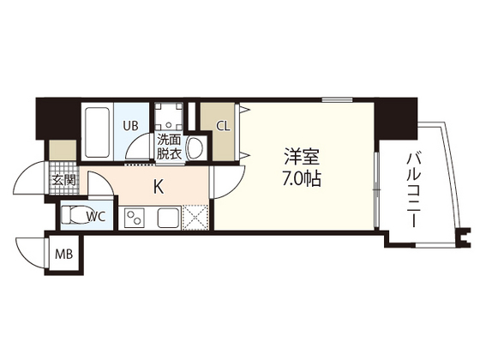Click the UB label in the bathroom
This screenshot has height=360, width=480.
(131, 126)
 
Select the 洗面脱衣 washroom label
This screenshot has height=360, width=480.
(168, 147)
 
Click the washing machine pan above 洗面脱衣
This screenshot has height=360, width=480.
(168, 117)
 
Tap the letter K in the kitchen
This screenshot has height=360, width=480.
(159, 185)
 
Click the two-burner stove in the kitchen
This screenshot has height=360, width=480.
(136, 219)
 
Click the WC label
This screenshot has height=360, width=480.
(95, 216)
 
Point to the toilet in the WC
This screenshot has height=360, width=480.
(75, 216)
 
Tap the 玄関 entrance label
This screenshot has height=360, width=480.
(63, 181)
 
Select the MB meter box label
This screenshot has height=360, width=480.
(64, 256)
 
